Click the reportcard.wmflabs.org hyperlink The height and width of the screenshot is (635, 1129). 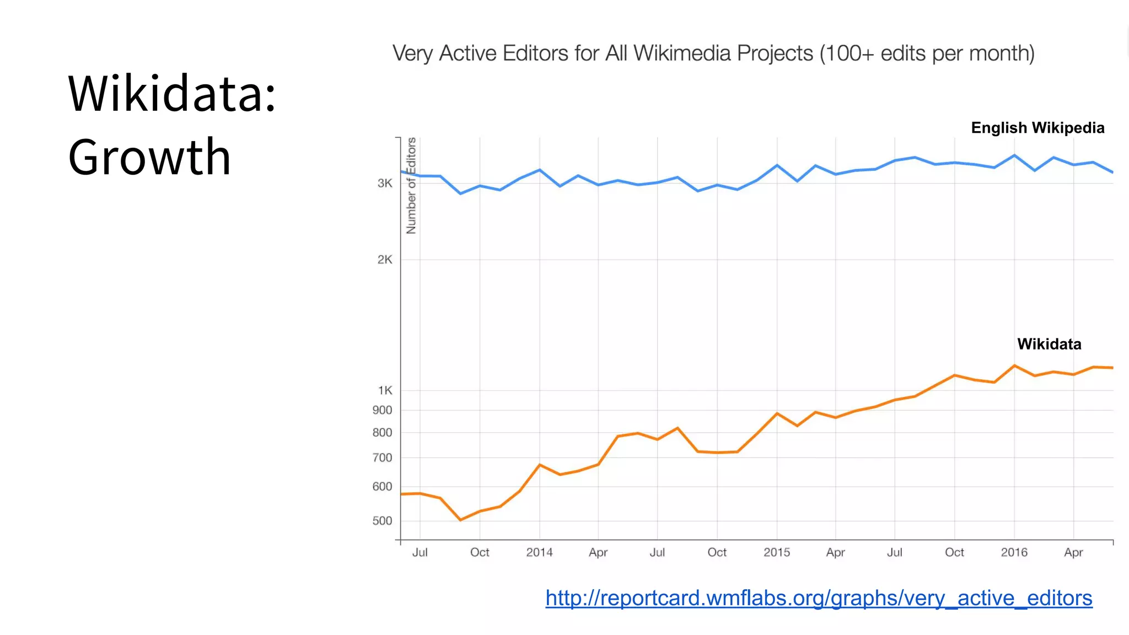click(819, 598)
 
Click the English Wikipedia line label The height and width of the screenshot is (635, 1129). click(1037, 128)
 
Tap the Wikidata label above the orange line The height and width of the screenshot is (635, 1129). click(1049, 344)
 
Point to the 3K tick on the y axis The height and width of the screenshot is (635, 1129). click(385, 183)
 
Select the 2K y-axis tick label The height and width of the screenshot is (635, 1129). click(385, 260)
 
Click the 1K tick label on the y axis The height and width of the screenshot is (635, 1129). click(385, 390)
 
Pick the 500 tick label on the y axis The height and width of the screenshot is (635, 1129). click(382, 521)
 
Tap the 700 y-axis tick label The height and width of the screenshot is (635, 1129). click(382, 458)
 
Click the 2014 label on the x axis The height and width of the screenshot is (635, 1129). click(539, 552)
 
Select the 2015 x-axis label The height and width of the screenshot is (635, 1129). click(776, 552)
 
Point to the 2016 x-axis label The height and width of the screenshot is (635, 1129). click(1014, 552)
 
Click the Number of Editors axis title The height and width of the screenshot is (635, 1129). click(411, 186)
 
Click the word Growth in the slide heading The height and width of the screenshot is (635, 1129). click(149, 158)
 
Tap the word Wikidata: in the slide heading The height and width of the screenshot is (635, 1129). click(171, 94)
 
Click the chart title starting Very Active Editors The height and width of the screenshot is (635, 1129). click(713, 53)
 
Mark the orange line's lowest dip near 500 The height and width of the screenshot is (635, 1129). click(460, 520)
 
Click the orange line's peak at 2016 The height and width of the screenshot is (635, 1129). click(1014, 365)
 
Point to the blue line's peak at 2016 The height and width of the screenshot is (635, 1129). click(1014, 155)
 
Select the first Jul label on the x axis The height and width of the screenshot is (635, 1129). click(420, 552)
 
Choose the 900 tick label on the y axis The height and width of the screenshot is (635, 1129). click(382, 410)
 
